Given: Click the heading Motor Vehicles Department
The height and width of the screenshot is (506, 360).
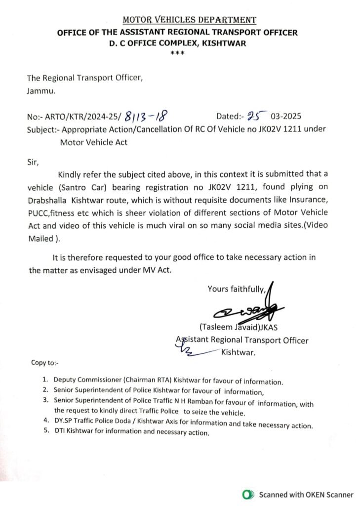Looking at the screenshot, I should (x=189, y=20).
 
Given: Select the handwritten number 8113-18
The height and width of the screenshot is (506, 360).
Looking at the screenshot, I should (x=146, y=117).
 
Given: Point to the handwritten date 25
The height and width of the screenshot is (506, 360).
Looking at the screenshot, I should (x=256, y=116).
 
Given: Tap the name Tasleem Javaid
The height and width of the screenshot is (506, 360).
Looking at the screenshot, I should (x=227, y=327).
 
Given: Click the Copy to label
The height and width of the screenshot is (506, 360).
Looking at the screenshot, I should (x=44, y=363).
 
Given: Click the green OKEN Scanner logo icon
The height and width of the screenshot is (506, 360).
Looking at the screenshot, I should (x=249, y=495).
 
